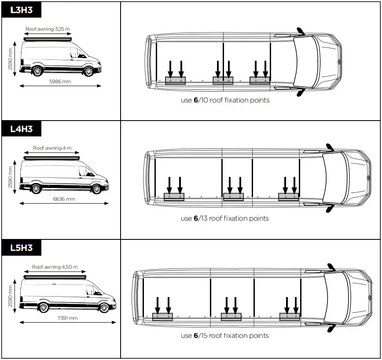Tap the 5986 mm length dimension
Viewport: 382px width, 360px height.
pyautogui.click(x=60, y=81)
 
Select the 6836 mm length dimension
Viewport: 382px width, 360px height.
pyautogui.click(x=64, y=199)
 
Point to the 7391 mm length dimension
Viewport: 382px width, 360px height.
pyautogui.click(x=67, y=318)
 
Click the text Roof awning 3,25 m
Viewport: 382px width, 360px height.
pyautogui.click(x=48, y=29)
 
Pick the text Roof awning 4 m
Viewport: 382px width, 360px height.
pyautogui.click(x=52, y=148)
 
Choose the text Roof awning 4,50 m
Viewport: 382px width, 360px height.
pyautogui.click(x=55, y=267)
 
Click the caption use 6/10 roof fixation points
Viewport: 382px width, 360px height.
pyautogui.click(x=225, y=100)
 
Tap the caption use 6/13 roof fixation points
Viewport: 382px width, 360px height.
pyautogui.click(x=224, y=218)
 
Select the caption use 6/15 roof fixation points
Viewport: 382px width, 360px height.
pyautogui.click(x=224, y=336)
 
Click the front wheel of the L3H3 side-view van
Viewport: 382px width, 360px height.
pyautogui.click(x=88, y=71)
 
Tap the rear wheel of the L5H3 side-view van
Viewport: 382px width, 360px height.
pyautogui.click(x=43, y=307)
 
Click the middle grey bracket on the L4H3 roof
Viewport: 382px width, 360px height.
pyautogui.click(x=233, y=197)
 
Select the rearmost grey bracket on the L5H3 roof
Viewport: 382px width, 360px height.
pyautogui.click(x=162, y=316)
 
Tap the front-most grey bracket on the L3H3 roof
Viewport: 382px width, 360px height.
pyautogui.click(x=260, y=81)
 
